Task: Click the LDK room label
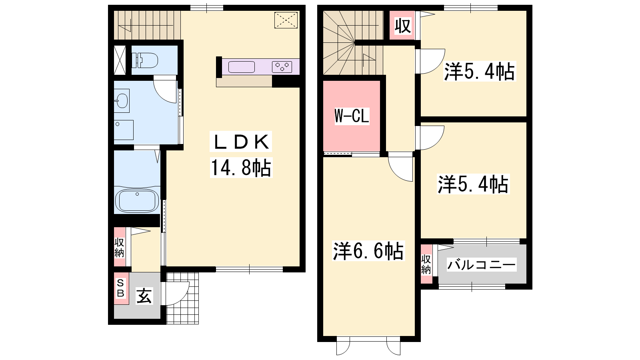pos(241,142)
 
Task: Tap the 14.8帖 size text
pos(241,168)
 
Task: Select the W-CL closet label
pos(352,116)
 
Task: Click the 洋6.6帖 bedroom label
pos(368,251)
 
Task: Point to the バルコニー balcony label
pos(482,265)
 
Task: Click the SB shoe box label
pos(120,288)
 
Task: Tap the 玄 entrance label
pos(144,296)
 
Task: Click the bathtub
pos(137,200)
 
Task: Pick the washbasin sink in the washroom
pos(122,100)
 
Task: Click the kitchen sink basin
pos(242,67)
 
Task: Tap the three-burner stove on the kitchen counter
pos(282,67)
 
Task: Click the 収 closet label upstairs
pos(403,26)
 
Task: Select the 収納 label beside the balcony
pos(426,264)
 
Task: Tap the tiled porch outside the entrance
pos(182,298)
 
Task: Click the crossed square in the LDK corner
pos(286,20)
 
